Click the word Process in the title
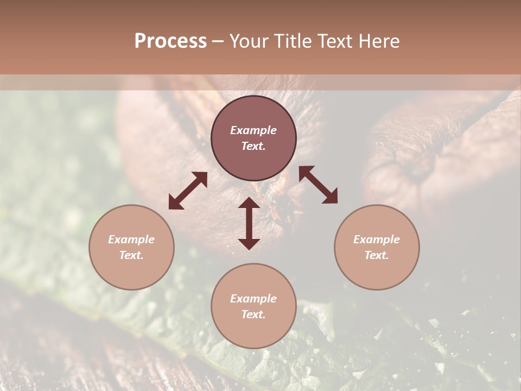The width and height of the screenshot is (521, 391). point(170,41)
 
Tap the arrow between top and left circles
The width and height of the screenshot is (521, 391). point(188,191)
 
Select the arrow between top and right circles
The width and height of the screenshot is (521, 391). point(318,185)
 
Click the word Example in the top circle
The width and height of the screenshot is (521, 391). point(253,130)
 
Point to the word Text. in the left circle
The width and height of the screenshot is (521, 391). point(131,255)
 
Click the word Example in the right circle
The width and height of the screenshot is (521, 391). point(377,239)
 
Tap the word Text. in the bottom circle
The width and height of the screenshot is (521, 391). point(253,314)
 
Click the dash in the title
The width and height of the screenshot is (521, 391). point(218,41)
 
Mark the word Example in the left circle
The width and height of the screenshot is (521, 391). point(131,239)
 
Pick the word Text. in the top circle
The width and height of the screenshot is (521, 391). point(253,146)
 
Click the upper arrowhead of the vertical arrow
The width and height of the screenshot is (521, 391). point(249,203)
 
